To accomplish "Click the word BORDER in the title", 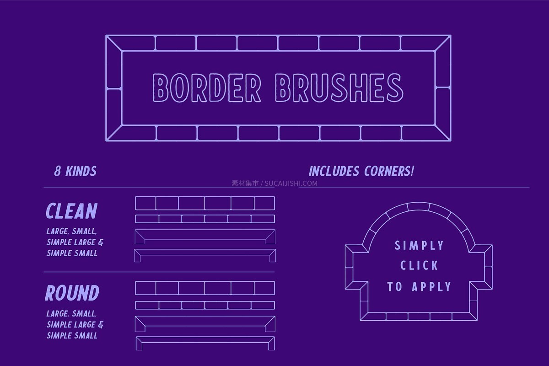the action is (x=207, y=87).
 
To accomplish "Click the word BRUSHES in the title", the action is (x=339, y=87).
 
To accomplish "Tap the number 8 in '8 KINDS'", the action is (x=57, y=171).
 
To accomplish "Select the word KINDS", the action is (x=81, y=171).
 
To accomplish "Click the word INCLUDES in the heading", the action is (x=334, y=171).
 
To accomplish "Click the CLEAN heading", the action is (x=71, y=211).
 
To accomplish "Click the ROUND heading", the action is (x=72, y=293).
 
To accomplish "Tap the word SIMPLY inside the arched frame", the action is (x=419, y=246).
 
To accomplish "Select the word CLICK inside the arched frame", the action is (x=419, y=265).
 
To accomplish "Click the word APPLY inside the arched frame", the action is (x=431, y=286).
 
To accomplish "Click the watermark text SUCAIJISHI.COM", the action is (x=291, y=183).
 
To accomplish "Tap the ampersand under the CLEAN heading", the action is (x=101, y=242).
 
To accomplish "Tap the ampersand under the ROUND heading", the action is (x=101, y=324).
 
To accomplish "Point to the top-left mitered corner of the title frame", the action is (x=114, y=43).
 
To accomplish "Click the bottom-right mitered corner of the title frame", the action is (x=443, y=133).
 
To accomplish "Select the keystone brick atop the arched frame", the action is (x=419, y=207).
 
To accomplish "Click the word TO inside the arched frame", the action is (x=394, y=286).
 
